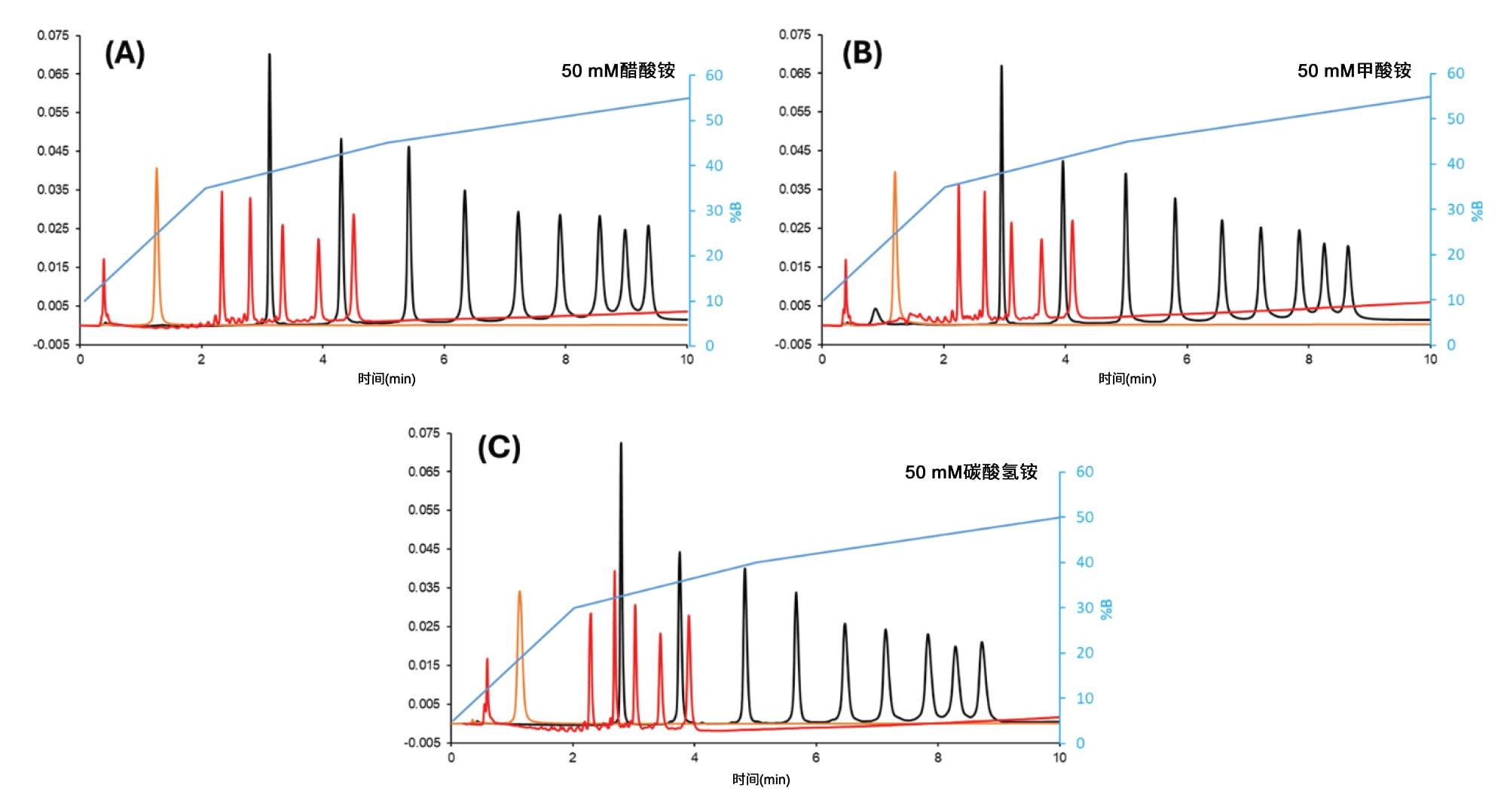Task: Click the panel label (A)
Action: pyautogui.click(x=124, y=54)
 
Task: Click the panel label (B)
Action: pyautogui.click(x=862, y=54)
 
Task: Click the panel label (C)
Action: pyautogui.click(x=499, y=448)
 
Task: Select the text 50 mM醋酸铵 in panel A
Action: pyautogui.click(x=618, y=71)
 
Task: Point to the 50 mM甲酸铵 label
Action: pyautogui.click(x=1354, y=71)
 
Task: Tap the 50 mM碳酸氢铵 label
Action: pyautogui.click(x=971, y=472)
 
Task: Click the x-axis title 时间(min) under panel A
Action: pyautogui.click(x=387, y=379)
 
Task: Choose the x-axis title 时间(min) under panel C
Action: pyautogui.click(x=761, y=780)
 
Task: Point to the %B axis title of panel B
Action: pyautogui.click(x=1477, y=211)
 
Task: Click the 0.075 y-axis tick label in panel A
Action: pyautogui.click(x=53, y=35)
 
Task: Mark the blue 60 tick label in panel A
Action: pyautogui.click(x=714, y=75)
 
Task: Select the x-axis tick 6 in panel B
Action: pyautogui.click(x=1187, y=359)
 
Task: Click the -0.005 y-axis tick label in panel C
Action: pyautogui.click(x=422, y=743)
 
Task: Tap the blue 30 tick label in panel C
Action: pyautogui.click(x=1084, y=608)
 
